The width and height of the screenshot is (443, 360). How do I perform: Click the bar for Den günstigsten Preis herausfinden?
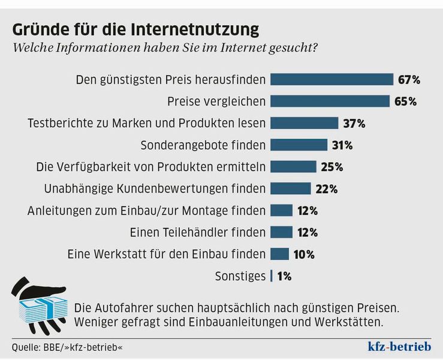tap(332, 79)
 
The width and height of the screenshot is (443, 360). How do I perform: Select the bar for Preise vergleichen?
tap(329, 101)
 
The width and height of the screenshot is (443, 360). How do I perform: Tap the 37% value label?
tap(354, 123)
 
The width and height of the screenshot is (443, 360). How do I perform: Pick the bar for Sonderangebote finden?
tap(299, 145)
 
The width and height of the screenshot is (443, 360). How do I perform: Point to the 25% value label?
tap(331, 167)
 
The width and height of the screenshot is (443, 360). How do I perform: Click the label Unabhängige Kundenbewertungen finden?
tap(155, 188)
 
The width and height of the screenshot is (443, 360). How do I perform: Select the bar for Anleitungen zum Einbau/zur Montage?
tap(282, 210)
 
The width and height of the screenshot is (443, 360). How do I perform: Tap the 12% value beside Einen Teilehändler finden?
tap(306, 232)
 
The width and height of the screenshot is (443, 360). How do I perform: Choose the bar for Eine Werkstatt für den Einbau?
tap(280, 254)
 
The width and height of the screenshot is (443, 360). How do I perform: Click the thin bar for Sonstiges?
tap(272, 276)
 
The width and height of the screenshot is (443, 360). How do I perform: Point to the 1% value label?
tap(285, 276)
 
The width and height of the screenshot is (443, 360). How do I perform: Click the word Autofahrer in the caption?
tap(120, 308)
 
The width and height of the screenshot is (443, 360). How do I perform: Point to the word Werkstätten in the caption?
tap(347, 322)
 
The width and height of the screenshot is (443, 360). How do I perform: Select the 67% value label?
tap(409, 79)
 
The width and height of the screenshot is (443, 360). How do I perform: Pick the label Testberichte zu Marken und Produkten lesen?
tap(147, 123)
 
